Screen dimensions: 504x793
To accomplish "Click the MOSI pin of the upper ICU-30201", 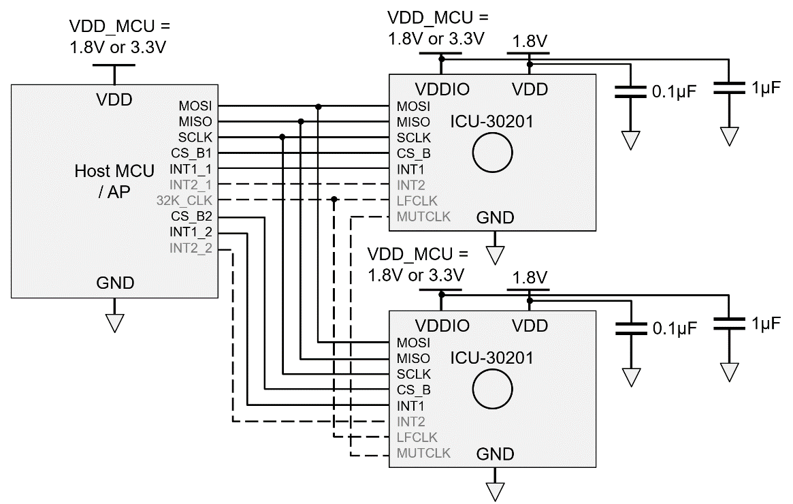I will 412,107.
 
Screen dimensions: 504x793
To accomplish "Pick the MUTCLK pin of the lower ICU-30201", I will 423,453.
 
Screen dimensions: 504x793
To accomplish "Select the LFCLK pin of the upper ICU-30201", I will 417,201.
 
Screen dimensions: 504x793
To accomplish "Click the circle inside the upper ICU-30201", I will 492,153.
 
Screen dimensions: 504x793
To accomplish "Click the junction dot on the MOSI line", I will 318,106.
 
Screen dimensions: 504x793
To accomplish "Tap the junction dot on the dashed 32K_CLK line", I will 334,200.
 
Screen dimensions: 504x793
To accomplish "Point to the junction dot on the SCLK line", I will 282,137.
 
